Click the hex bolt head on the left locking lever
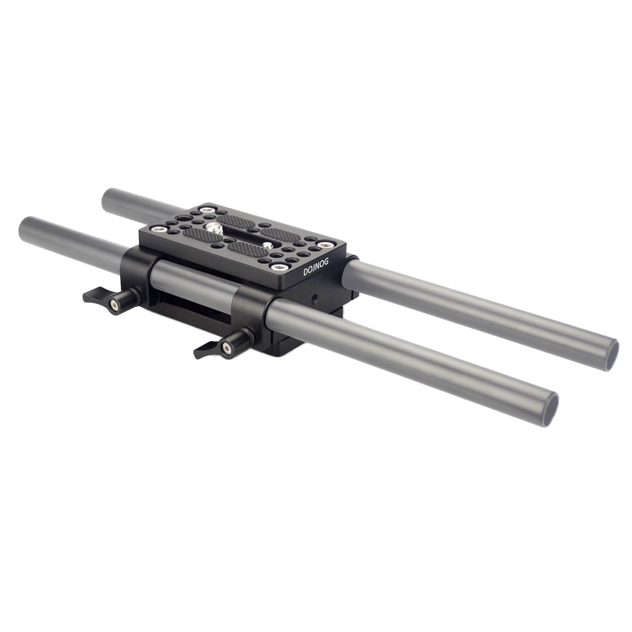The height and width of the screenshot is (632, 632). click(x=114, y=305)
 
